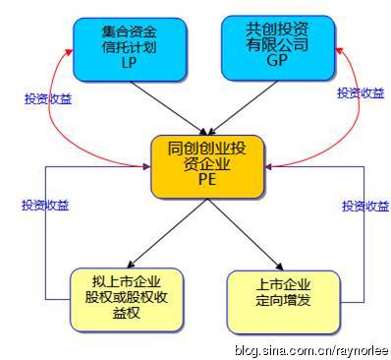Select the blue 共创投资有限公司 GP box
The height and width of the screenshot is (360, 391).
point(278,47)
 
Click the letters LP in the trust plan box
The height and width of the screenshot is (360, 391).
point(125,63)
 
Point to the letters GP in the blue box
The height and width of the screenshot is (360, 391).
point(279,62)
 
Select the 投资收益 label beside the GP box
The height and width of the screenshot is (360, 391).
point(361,92)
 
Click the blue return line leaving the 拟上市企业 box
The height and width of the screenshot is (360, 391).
point(45,246)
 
